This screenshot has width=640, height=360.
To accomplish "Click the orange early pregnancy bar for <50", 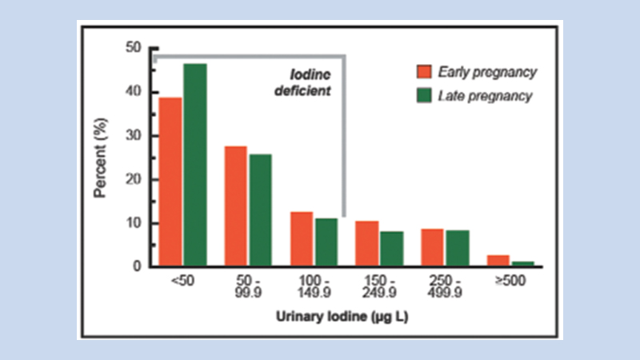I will coord(170,182).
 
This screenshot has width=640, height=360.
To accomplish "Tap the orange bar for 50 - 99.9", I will coord(235,206).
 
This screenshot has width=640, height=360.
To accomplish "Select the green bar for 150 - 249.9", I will coord(391,249).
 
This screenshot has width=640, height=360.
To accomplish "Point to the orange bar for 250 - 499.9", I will coord(432,247).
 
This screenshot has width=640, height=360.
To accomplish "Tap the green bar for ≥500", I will coord(522,263).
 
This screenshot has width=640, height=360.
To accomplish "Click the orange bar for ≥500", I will coord(498,261).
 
